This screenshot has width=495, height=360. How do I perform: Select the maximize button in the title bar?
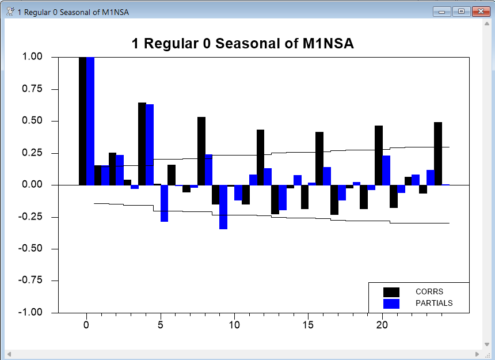coord(461,11)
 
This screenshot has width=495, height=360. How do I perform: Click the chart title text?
coord(242,44)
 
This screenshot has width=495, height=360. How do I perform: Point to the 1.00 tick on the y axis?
coord(32,57)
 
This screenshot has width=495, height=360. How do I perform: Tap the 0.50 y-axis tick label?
coord(32,121)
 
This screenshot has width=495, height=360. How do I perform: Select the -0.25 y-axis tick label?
coord(31,217)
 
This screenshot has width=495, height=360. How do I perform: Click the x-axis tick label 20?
coord(382,325)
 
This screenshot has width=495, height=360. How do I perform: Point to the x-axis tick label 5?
coord(161,325)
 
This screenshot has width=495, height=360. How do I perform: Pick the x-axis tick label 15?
coord(309,325)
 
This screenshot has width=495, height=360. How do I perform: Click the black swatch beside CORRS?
coord(391,291)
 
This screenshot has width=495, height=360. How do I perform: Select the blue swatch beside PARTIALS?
coord(391,303)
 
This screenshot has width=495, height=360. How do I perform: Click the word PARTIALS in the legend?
coord(434,303)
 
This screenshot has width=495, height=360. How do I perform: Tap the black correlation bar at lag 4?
coord(142,144)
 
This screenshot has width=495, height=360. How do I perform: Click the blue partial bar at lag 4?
coord(150,145)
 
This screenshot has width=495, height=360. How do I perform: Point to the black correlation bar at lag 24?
coord(438,153)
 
